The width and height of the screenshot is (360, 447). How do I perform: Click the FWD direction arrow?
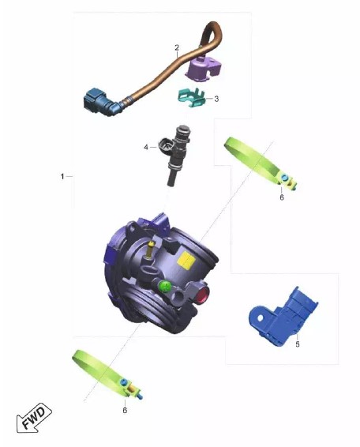click(34, 417)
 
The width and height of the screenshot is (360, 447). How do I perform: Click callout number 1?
click(62, 176)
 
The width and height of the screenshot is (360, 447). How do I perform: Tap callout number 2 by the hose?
click(177, 47)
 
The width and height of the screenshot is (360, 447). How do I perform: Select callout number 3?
click(216, 99)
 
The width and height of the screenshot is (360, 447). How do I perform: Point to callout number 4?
click(146, 147)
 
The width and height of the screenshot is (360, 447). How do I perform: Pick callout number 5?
click(298, 344)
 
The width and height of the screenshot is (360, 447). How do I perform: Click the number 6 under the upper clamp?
click(282, 197)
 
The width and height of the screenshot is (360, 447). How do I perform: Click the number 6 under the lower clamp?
click(125, 410)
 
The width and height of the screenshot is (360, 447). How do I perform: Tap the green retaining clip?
click(191, 98)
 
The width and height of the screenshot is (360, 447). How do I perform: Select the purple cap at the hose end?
click(202, 68)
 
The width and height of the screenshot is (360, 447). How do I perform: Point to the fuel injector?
click(175, 154)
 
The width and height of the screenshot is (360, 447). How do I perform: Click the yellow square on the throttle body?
click(186, 261)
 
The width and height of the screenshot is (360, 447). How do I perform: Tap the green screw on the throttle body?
click(165, 286)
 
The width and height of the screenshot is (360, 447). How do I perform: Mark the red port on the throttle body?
click(202, 295)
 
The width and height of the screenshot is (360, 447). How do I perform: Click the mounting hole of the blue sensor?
click(261, 317)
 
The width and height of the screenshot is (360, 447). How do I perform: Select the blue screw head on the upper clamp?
click(283, 178)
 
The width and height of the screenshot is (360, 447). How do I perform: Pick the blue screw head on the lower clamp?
click(124, 381)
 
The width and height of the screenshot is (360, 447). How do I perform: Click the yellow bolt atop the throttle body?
click(150, 250)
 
